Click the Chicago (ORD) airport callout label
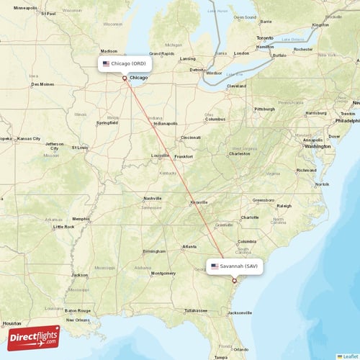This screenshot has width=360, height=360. (125, 63)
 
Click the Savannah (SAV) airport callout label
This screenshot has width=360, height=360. (235, 266)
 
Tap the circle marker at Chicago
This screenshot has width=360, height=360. (125, 78)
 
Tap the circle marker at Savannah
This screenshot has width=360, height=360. (234, 280)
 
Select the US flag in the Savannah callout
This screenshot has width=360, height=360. (215, 266)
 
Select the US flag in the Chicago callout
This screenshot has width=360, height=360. (106, 63)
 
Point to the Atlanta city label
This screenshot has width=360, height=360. (189, 247)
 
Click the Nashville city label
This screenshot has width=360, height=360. (153, 198)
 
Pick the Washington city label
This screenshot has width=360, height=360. (317, 146)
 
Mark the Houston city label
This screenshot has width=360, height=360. (11, 324)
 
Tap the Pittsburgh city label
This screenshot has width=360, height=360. (264, 109)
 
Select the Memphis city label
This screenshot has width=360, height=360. (81, 219)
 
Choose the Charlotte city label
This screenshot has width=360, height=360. (250, 217)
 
